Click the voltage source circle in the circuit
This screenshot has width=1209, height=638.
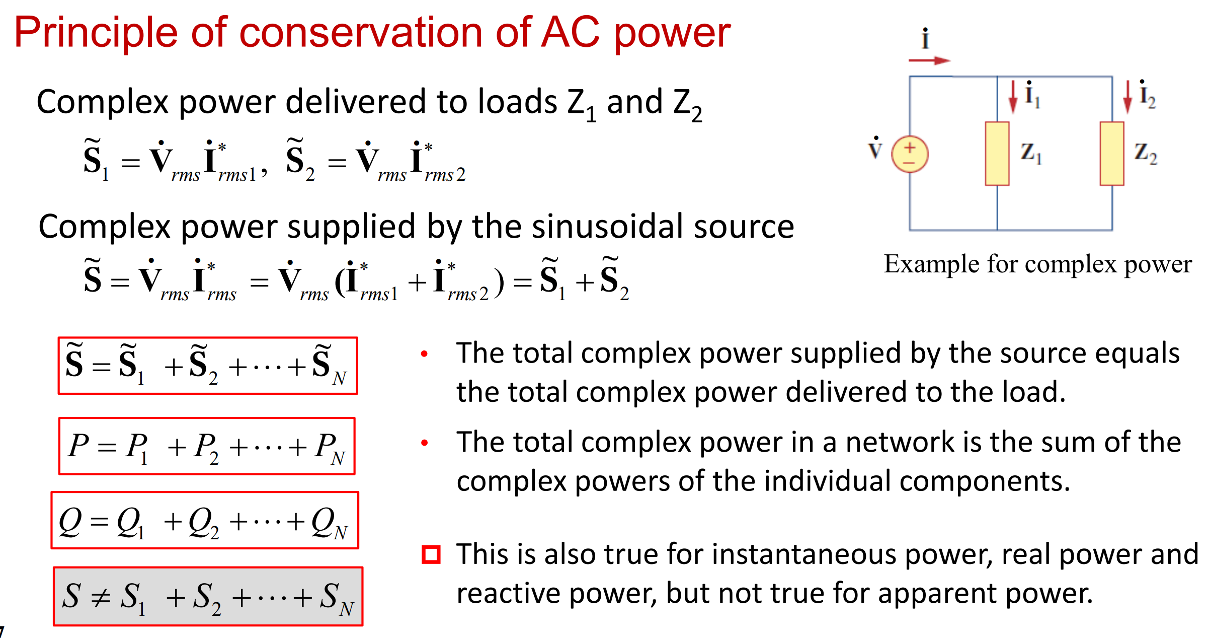(x=910, y=154)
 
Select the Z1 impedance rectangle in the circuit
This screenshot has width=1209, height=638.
(x=997, y=154)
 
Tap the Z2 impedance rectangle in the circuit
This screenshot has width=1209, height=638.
(x=1112, y=154)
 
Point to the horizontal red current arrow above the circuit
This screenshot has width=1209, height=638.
(x=929, y=61)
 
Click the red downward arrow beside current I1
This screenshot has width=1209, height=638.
(x=1013, y=97)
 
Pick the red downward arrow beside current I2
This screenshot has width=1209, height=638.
(x=1127, y=97)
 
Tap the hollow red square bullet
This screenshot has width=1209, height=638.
(x=431, y=554)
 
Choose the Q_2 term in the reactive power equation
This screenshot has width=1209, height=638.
(x=203, y=524)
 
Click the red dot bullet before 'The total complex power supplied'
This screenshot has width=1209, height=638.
(x=424, y=354)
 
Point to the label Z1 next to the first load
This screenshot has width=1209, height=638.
(x=1030, y=153)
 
